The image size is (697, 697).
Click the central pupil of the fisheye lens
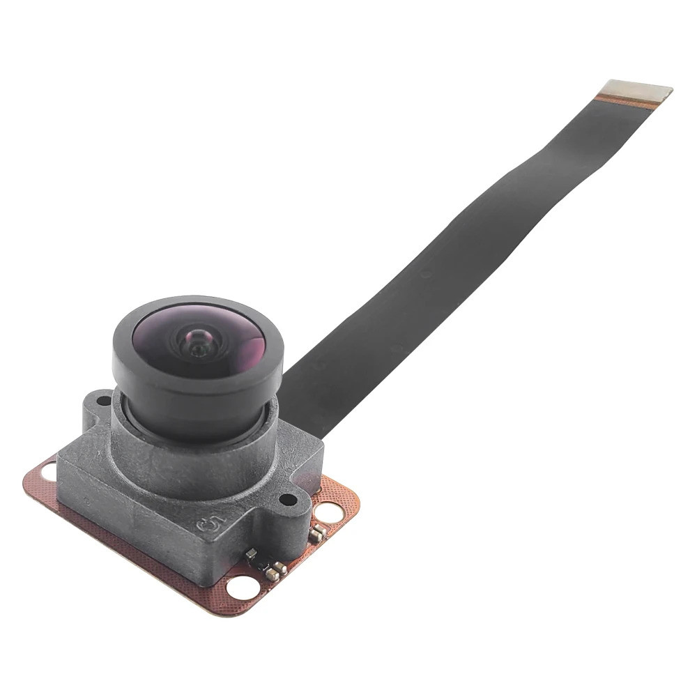point(197,341)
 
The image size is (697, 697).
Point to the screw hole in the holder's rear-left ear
point(103,401)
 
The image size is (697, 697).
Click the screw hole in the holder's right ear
point(286,499)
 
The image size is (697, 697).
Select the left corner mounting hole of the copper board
point(49,472)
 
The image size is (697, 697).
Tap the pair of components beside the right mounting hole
point(317,533)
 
